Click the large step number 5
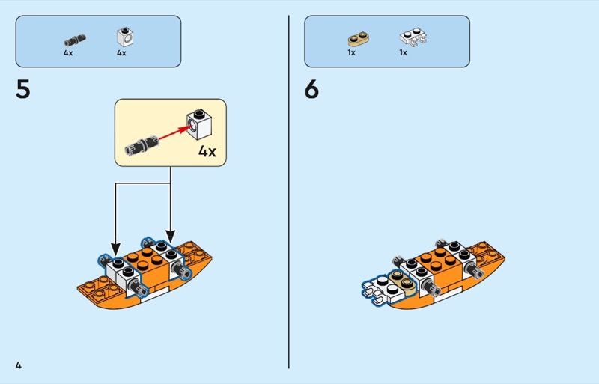pos(23,89)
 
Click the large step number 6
pos(311,89)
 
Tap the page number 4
pos(18,365)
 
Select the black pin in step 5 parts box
pos(74,40)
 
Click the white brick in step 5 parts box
pos(125,37)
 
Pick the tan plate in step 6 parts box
pos(359,39)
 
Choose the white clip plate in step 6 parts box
pos(413,37)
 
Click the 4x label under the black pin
pos(68,53)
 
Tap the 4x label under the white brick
pos(121,53)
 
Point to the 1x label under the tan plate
pos(351,52)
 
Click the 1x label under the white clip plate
pos(403,52)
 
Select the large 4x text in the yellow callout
pos(207,151)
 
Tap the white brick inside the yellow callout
pos(199,124)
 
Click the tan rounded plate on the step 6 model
pos(402,283)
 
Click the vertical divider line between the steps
pos(289,192)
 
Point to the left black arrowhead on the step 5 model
pos(116,249)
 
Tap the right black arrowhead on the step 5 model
pos(171,236)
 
